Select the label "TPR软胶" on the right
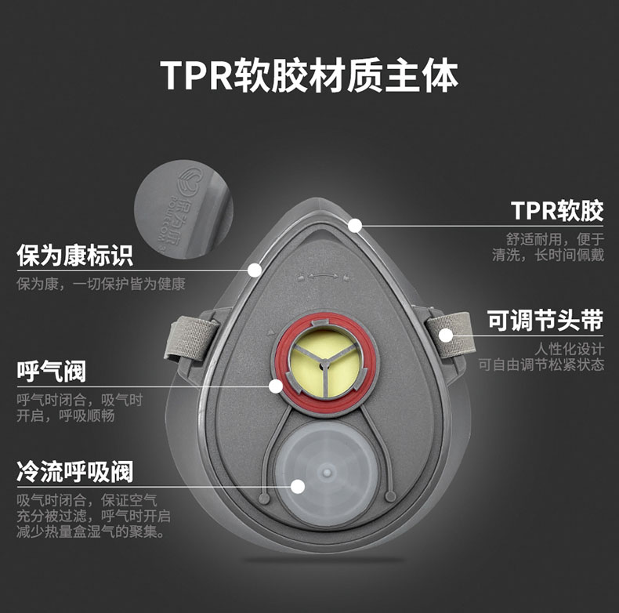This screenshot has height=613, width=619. pos(557,211)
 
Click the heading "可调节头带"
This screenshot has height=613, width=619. pos(545,321)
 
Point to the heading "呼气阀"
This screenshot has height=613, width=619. pos(52,371)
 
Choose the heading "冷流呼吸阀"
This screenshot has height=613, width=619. pos(75,471)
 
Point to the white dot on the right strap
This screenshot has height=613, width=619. pos(445,335)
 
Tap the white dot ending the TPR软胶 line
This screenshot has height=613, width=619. pos(355,226)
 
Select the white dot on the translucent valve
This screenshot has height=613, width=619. pos(297,486)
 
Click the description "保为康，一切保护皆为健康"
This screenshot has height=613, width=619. pos(101,285)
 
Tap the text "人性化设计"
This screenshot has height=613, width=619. pos(570,348)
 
